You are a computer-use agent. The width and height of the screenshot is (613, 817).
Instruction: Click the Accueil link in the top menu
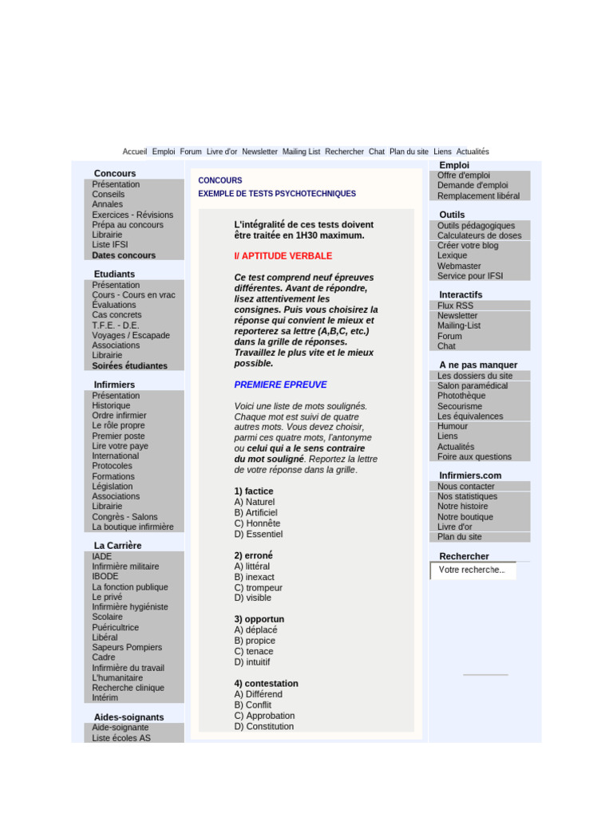135,152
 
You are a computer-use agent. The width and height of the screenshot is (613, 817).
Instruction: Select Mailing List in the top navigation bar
301,152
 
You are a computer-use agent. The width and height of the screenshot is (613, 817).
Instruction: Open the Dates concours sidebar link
124,255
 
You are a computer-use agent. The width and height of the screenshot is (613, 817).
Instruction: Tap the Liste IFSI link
109,245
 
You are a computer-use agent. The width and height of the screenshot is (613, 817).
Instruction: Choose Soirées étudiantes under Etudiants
129,365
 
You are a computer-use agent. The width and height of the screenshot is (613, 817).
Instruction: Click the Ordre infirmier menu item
119,416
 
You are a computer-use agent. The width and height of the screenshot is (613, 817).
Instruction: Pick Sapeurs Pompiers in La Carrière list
126,647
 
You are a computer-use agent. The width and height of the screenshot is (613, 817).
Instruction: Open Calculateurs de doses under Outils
479,235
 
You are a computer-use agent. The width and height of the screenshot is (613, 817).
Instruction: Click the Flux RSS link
455,306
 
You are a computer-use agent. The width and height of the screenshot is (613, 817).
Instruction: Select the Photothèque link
461,396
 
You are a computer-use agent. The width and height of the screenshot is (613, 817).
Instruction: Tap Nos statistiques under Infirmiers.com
467,496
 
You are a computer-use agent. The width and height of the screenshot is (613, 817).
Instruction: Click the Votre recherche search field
473,570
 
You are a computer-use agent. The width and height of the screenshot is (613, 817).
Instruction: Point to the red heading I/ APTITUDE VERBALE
283,256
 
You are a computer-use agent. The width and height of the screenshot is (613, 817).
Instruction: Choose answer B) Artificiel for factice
255,513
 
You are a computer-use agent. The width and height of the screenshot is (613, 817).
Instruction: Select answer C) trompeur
258,588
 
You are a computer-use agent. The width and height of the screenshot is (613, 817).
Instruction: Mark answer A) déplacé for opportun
255,630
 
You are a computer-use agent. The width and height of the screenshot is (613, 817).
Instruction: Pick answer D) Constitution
263,727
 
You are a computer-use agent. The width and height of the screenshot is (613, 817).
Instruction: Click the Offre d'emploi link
463,176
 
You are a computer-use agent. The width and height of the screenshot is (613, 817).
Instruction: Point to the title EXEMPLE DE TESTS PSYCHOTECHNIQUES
277,194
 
